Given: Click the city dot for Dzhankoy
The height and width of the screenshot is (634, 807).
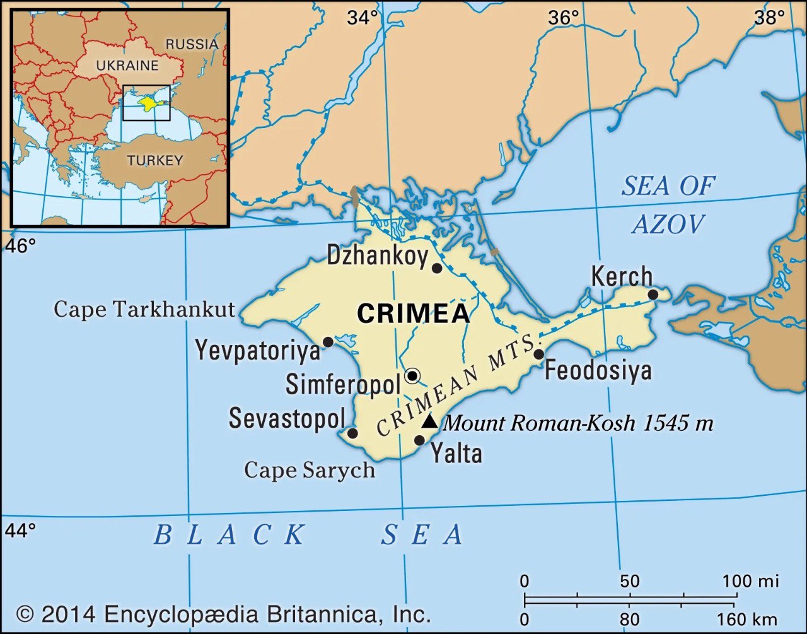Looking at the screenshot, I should [436, 268].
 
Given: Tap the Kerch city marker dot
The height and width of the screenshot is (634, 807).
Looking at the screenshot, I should [653, 295].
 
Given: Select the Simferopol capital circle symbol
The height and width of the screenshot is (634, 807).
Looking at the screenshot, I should [412, 376].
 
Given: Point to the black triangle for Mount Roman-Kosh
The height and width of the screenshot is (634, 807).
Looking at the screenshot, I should [429, 421].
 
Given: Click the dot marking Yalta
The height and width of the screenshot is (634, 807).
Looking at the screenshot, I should [419, 440].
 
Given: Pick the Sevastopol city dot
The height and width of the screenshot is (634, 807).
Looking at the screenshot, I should [352, 433].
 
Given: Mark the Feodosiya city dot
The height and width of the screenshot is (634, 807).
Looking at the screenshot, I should [539, 354].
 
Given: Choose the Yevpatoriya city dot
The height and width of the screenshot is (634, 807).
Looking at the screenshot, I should [328, 342].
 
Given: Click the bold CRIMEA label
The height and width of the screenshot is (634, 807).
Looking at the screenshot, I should [413, 314].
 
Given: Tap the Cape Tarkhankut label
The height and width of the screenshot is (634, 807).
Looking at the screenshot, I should [144, 309].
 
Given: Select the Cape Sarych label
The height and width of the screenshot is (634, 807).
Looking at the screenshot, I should [309, 470].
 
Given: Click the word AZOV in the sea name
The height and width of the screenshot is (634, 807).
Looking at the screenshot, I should [668, 224].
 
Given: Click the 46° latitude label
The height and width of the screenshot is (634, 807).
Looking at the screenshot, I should [21, 246].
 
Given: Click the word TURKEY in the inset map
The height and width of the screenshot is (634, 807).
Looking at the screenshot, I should [155, 160].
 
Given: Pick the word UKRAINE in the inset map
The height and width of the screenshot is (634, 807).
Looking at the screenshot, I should [127, 65].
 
